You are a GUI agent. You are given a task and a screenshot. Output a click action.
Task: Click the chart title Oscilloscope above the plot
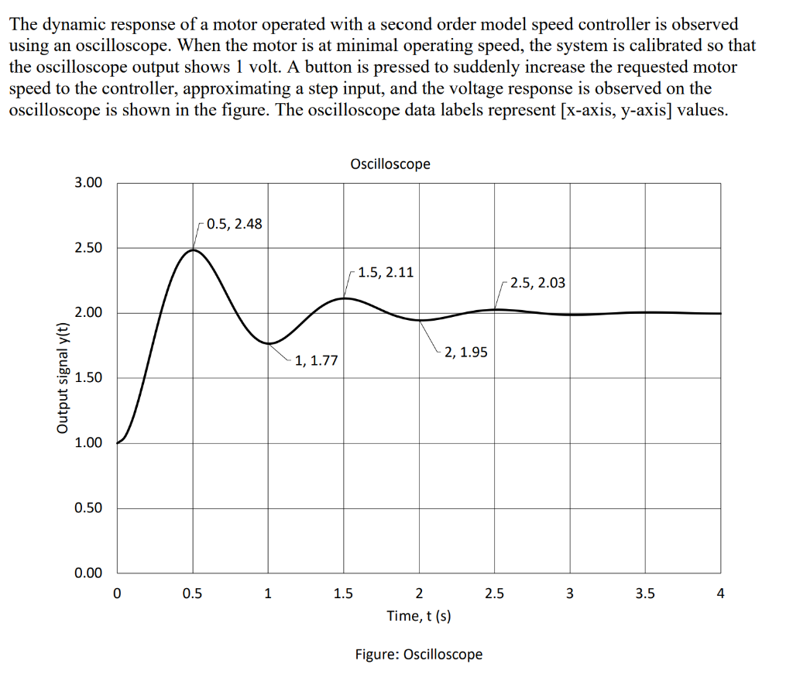390,163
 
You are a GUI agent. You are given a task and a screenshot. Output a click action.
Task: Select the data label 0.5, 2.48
234,224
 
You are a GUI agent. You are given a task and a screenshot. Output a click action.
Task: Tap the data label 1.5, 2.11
386,272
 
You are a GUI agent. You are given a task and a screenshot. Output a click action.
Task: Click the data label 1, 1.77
316,360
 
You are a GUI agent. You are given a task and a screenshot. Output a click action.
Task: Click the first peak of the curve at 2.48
193,250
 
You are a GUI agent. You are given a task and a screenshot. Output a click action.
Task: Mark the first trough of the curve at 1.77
268,343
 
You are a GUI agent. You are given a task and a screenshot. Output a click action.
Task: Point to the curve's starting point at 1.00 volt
118,443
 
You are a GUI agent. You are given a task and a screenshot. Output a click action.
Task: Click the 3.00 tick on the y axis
88,183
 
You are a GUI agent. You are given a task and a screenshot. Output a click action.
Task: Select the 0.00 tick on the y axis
88,573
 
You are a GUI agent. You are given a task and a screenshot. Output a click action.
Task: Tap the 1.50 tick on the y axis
88,378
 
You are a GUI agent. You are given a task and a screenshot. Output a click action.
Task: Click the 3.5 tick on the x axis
644,594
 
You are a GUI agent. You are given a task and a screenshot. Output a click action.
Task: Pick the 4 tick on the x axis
720,594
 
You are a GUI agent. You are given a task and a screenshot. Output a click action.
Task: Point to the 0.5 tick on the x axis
192,594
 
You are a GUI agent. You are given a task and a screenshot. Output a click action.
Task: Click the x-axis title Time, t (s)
419,616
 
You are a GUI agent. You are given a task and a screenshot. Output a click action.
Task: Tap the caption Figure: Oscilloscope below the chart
418,654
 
